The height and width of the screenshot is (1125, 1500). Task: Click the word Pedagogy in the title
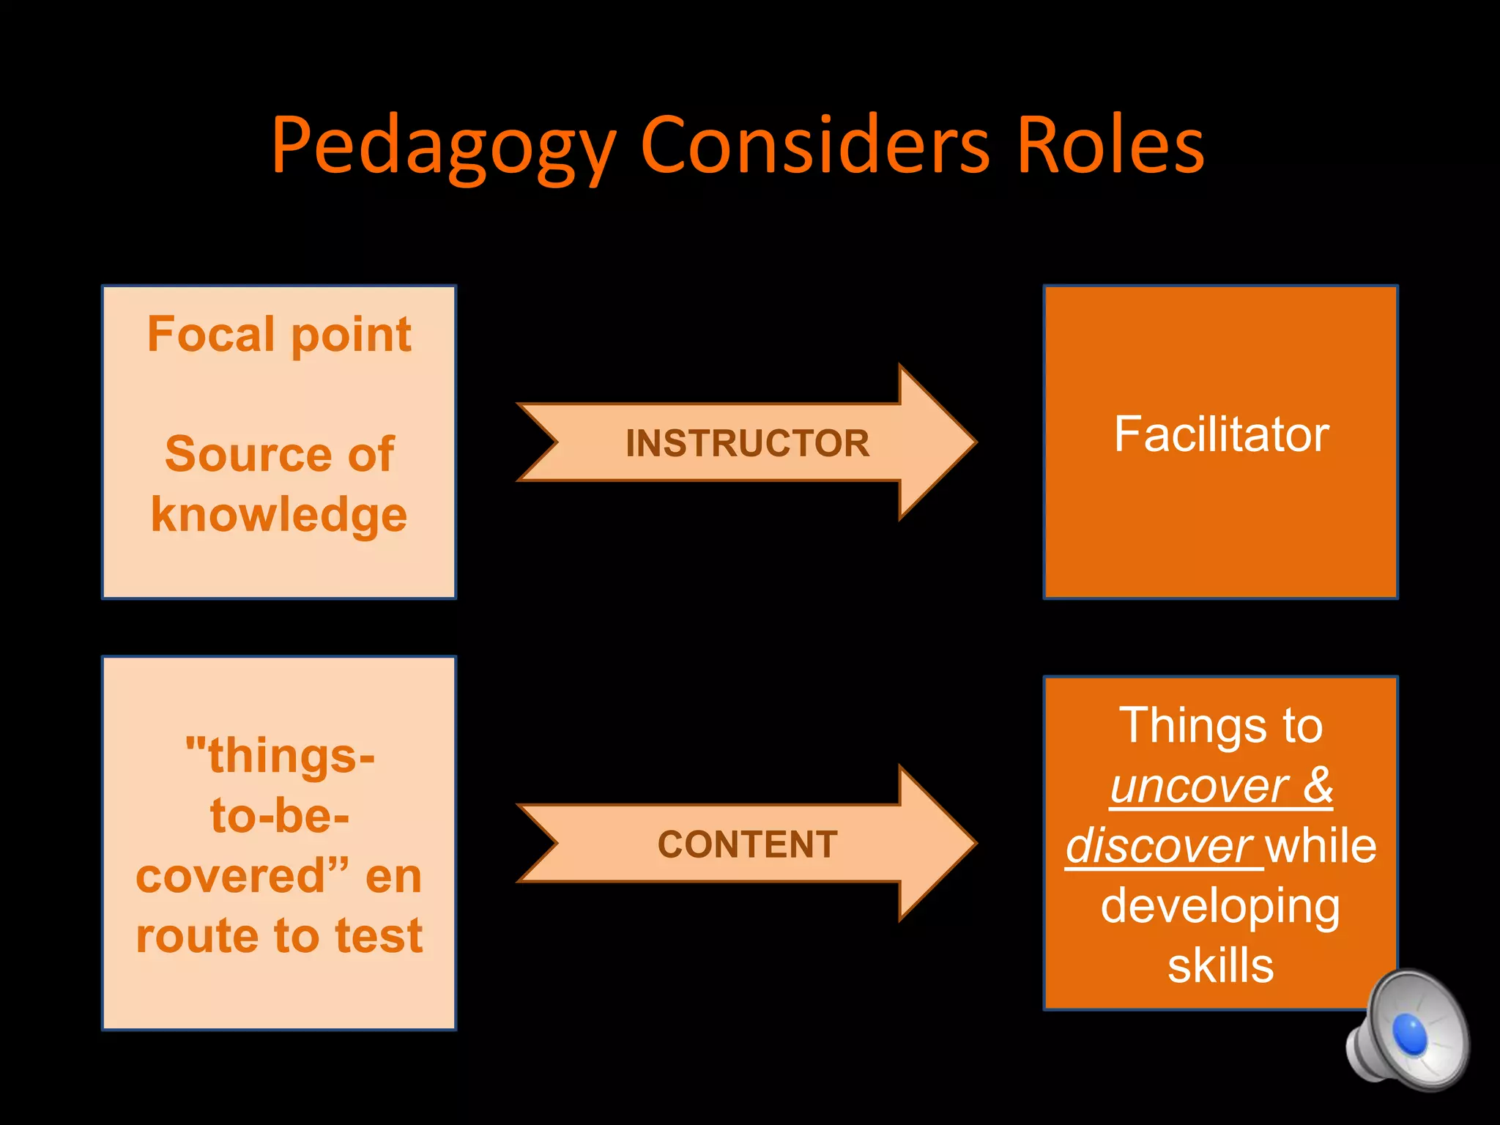(x=443, y=146)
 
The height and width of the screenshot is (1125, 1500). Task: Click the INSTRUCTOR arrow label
(x=747, y=443)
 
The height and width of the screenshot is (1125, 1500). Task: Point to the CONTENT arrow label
(x=747, y=844)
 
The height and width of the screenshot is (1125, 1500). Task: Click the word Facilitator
(x=1221, y=434)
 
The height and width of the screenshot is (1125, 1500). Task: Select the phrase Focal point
(x=279, y=334)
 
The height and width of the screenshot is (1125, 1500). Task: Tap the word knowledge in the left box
(x=279, y=514)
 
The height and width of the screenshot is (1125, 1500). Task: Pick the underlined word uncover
(x=1200, y=786)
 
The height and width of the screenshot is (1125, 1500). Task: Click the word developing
(x=1220, y=907)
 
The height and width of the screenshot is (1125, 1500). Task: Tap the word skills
(x=1220, y=965)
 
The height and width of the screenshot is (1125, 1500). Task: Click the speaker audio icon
(x=1407, y=1031)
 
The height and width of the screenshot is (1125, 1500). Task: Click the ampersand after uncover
(x=1318, y=785)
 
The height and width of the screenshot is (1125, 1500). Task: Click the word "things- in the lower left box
(x=280, y=755)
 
